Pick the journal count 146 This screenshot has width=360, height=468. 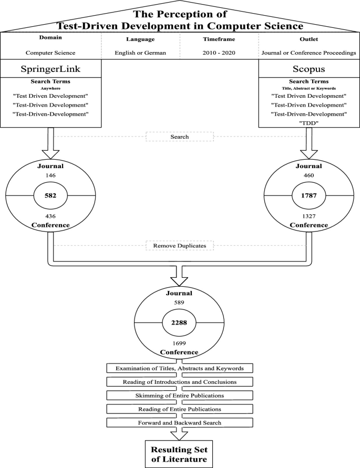point(51,175)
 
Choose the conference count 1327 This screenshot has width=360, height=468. point(309,215)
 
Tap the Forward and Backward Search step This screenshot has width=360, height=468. point(180,422)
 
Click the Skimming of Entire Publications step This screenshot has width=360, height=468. point(180,394)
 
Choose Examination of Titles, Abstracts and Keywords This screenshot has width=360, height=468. point(180,367)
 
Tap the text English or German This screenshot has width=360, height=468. point(140,53)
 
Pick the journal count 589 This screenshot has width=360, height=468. point(180,303)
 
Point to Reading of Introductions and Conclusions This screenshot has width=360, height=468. point(180,381)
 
